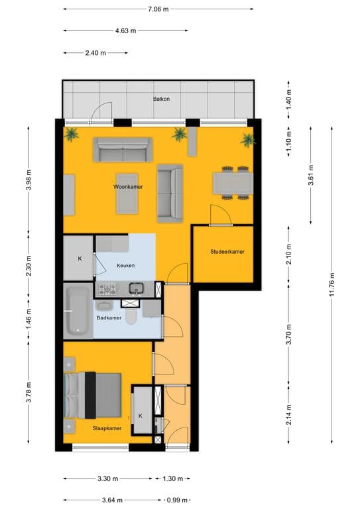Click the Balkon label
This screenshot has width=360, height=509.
pos(161,99)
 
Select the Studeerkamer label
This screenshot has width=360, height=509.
pos(227,252)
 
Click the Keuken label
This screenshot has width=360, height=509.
pos(125,266)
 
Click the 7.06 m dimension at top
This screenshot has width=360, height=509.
pos(159,9)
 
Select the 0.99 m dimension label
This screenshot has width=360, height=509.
pos(177,500)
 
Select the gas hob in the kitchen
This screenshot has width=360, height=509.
pos(107,288)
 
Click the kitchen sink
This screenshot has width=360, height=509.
pos(137,288)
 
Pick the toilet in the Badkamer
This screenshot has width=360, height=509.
pos(131,317)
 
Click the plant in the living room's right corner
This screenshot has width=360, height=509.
pos(247,139)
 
